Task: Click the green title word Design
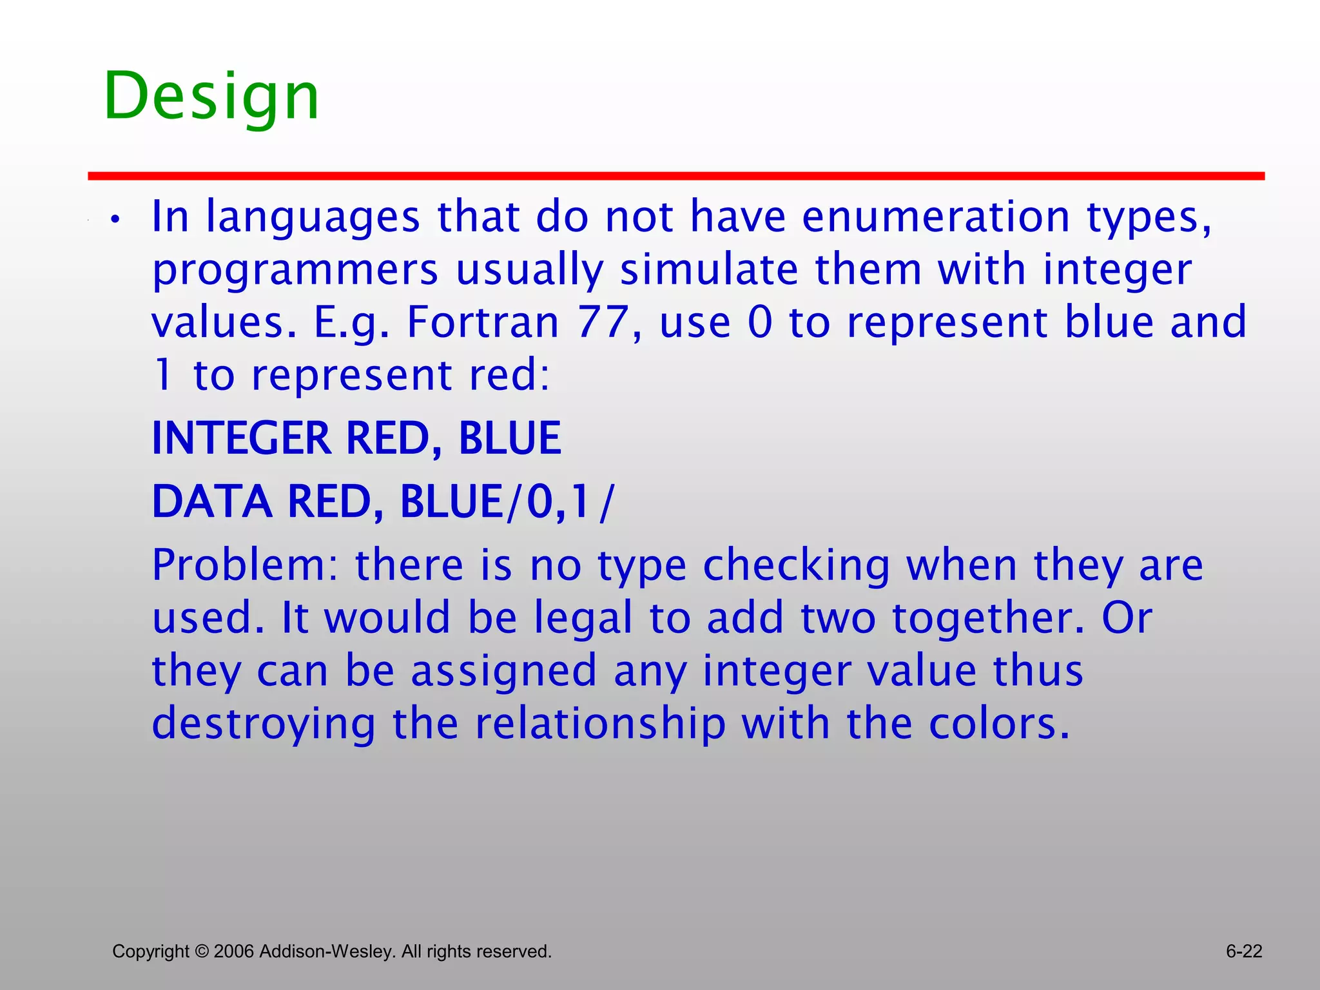pos(211,97)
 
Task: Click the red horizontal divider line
pos(675,176)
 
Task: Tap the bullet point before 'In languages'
pos(115,220)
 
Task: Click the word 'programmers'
pos(295,271)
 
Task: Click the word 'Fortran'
pos(483,322)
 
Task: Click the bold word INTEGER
pos(241,439)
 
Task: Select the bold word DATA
pos(212,502)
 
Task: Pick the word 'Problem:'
pos(245,566)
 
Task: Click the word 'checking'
pos(796,566)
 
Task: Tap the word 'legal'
pos(583,618)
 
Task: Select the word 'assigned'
pos(503,671)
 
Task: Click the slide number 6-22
pos(1243,951)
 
